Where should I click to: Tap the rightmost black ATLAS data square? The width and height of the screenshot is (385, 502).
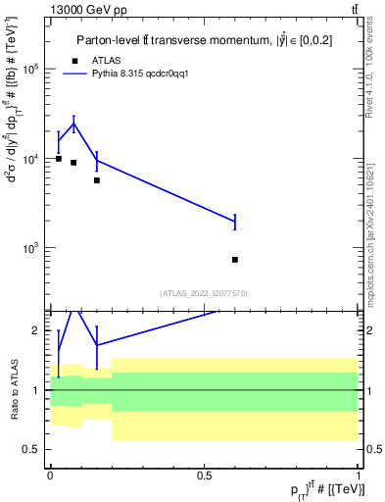235,260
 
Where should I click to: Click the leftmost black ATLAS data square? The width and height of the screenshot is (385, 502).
59,159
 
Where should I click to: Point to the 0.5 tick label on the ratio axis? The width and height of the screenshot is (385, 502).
33,449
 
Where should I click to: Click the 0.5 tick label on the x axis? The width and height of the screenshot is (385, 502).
204,475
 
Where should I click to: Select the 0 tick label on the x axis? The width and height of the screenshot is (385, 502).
50,475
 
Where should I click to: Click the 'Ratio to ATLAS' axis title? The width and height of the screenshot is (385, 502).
13,390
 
